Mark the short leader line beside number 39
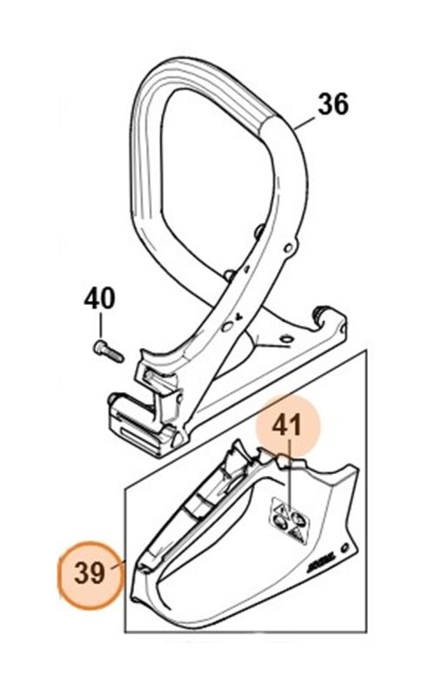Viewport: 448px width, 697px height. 130,565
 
